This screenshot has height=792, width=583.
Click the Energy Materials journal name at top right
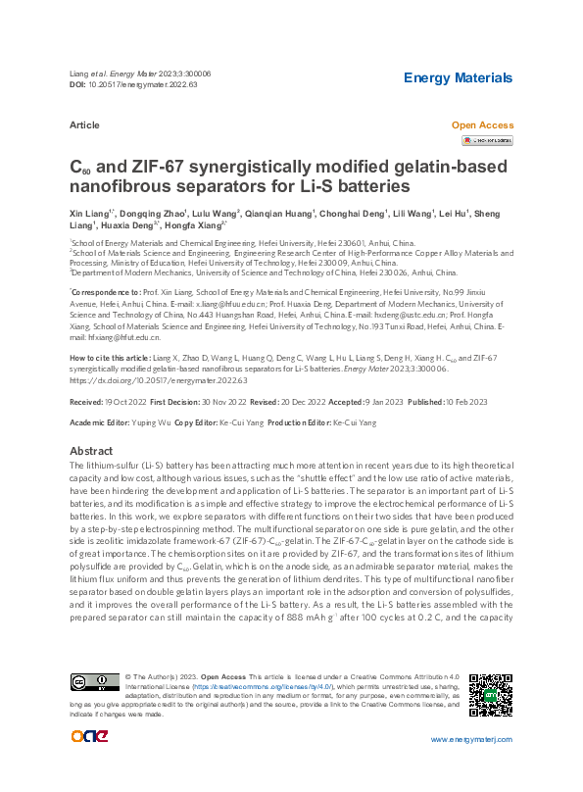[458, 77]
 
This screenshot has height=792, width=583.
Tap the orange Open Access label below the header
[481, 125]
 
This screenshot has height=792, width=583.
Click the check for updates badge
[487, 141]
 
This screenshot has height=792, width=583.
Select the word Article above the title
[85, 126]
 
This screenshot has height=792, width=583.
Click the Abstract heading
[90, 450]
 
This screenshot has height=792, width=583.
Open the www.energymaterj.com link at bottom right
[472, 737]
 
